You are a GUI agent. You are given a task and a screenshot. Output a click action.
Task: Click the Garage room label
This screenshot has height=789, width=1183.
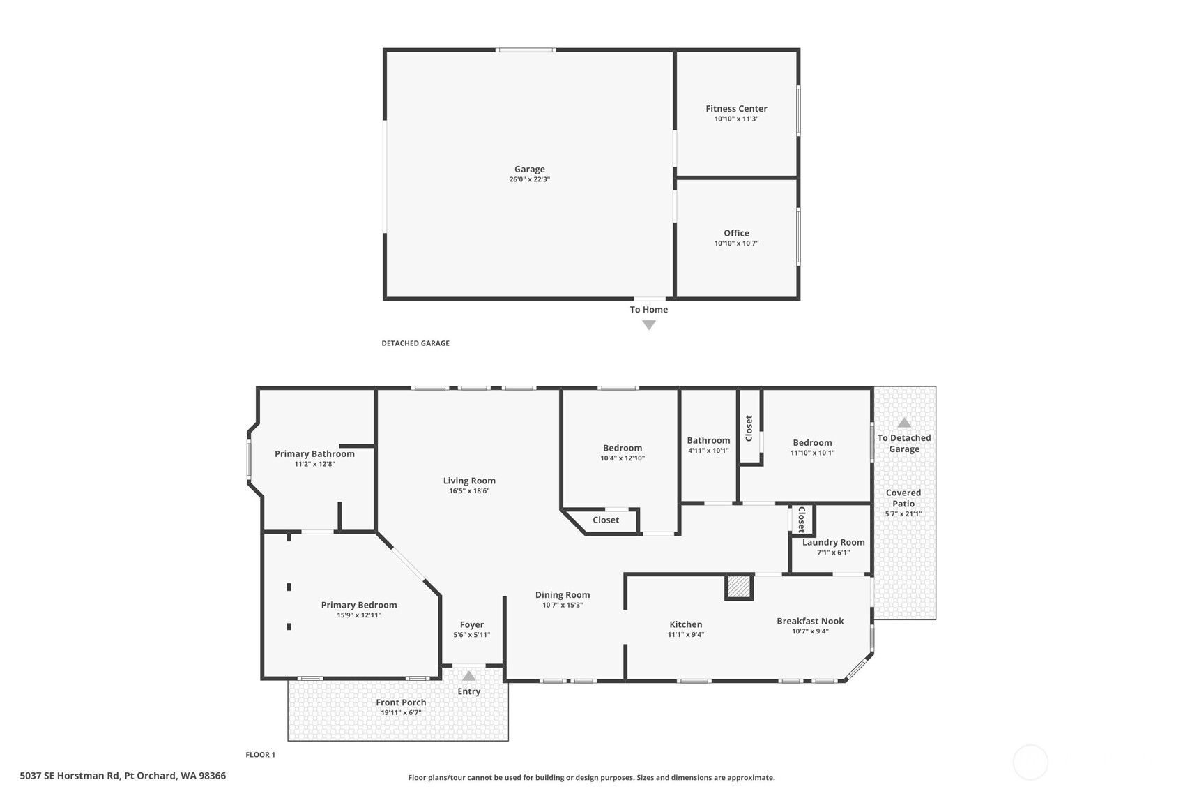pos(529,169)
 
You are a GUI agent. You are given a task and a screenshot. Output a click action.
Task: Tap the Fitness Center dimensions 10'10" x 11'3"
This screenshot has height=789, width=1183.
pos(735,119)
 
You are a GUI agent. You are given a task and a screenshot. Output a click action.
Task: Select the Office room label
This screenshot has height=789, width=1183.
pos(736,233)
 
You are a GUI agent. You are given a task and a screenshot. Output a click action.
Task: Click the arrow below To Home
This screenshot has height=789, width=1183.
pos(648,325)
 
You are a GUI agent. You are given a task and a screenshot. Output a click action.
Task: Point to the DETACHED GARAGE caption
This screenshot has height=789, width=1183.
pos(415,343)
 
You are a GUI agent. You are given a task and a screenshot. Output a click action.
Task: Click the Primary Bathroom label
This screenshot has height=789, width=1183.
pos(314,453)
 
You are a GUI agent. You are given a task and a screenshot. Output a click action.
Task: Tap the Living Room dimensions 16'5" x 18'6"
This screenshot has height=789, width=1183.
pos(469,491)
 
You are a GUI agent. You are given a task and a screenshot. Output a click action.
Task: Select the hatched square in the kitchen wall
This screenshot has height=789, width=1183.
pos(738,587)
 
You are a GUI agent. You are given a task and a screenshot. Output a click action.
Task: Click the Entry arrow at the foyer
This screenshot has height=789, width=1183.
pos(468,676)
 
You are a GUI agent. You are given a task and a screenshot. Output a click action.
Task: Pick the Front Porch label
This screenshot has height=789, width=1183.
pos(401,702)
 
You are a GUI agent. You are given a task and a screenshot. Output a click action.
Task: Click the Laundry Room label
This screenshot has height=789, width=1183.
pos(833,542)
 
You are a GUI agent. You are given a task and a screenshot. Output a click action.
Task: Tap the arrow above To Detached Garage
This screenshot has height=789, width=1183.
pos(903,423)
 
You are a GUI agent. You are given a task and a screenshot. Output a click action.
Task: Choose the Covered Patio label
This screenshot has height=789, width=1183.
pos(903,498)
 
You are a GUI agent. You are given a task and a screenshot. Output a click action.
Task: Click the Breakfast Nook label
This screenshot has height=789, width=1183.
pos(810,621)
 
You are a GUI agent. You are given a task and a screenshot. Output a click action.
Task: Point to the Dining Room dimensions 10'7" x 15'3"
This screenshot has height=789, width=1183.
pos(563,605)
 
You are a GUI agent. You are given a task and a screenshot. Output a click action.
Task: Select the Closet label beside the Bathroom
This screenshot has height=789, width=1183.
pos(749,428)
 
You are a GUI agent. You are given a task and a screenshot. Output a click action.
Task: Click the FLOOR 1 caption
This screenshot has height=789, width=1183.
pos(260,755)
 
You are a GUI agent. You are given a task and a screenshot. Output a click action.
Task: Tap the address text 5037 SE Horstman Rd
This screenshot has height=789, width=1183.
pos(122,776)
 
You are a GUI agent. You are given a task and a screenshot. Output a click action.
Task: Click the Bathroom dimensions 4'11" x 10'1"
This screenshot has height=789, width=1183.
pos(708,451)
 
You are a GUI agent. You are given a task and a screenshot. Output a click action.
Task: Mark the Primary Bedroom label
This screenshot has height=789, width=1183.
pos(358,605)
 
